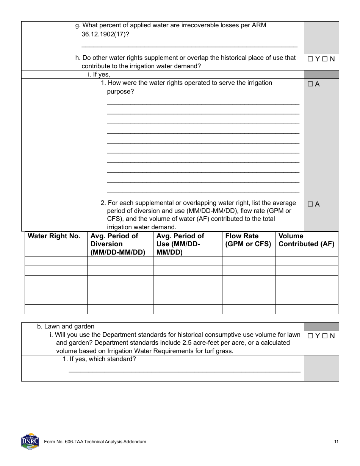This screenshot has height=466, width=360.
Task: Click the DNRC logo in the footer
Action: (30, 441)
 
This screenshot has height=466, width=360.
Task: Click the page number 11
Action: (336, 442)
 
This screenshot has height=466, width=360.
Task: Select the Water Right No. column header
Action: (54, 236)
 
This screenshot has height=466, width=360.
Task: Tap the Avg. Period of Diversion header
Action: (117, 244)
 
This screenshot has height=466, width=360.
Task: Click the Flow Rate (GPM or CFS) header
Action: (248, 240)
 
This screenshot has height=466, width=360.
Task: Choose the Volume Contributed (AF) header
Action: (306, 240)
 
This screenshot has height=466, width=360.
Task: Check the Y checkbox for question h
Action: (310, 59)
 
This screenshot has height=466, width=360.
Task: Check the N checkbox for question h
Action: (325, 59)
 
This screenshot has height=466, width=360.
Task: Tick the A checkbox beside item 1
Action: (310, 84)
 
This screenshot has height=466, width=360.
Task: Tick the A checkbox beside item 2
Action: (310, 204)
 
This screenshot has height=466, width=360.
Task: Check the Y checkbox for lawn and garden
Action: (310, 336)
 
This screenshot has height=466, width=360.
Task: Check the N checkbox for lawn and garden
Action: (325, 336)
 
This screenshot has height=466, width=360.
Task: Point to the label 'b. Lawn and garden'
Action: (66, 326)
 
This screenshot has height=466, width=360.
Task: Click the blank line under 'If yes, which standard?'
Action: (184, 370)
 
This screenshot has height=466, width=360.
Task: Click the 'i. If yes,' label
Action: (99, 75)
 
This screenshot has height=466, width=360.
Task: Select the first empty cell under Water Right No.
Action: (56, 261)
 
